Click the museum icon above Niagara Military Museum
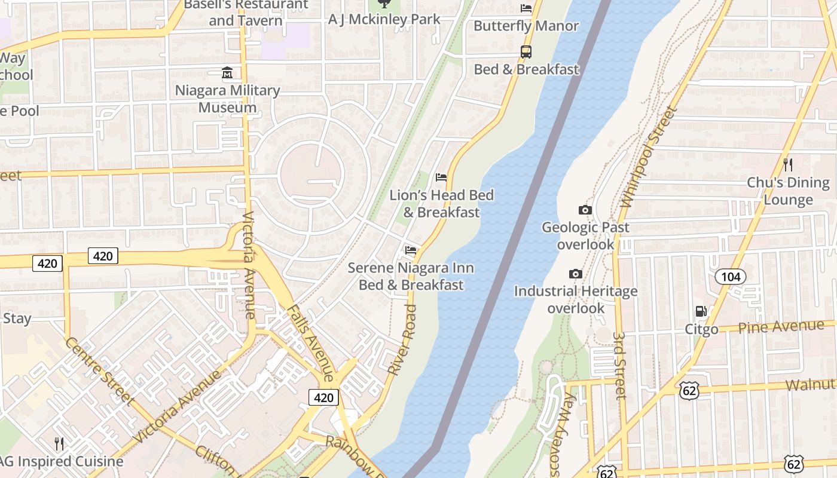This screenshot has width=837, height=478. [x=227, y=73]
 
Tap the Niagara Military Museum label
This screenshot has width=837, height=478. [x=227, y=99]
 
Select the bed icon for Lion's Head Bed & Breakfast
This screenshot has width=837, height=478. [x=441, y=177]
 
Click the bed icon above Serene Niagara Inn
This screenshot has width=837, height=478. [x=411, y=250]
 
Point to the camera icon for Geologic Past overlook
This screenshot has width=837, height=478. [x=585, y=210]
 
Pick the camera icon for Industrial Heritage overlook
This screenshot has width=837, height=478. [x=576, y=274]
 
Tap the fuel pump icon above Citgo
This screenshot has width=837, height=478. [x=701, y=311]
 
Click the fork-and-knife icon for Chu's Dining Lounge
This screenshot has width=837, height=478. [x=788, y=164]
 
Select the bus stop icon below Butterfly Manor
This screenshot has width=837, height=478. [x=526, y=52]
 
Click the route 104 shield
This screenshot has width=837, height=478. [x=731, y=276]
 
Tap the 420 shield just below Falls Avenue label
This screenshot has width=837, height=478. [x=323, y=397]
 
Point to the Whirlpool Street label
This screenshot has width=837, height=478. [x=648, y=157]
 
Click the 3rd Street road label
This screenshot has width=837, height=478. [x=621, y=366]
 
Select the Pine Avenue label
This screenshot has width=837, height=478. [x=781, y=327]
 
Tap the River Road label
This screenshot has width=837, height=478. [x=402, y=340]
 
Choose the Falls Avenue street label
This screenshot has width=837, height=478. [x=310, y=343]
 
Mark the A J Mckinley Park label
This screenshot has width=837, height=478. [x=384, y=19]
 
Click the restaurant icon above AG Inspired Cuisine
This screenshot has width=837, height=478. [x=59, y=443]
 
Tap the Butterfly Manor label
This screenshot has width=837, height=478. [x=526, y=26]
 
